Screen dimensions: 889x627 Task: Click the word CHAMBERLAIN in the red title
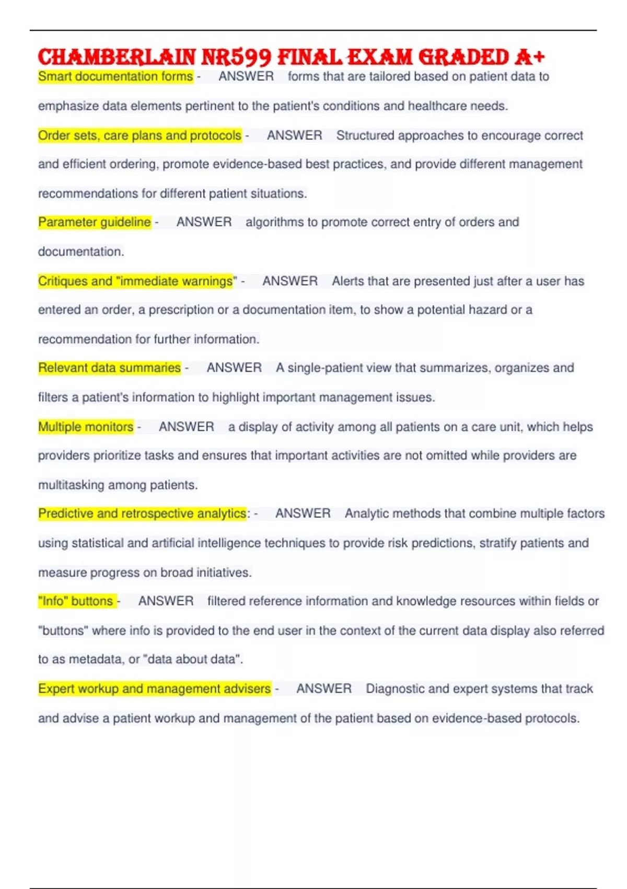click(117, 56)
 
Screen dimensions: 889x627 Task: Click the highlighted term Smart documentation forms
click(115, 76)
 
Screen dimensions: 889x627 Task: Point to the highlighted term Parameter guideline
click(95, 222)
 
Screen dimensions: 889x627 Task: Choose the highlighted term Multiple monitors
click(86, 427)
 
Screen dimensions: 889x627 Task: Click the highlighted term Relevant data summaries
click(109, 368)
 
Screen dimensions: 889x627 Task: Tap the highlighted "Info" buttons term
click(76, 601)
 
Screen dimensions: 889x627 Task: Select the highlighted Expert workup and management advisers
click(154, 689)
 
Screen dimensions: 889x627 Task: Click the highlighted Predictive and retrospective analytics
click(142, 514)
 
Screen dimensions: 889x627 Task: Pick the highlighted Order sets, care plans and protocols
click(140, 135)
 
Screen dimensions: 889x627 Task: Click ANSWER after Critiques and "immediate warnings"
click(290, 281)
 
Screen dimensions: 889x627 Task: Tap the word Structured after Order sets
click(366, 135)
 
